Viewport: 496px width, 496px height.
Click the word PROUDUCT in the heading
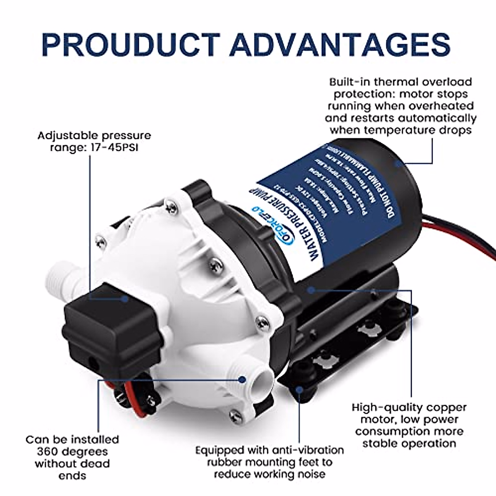[131, 43]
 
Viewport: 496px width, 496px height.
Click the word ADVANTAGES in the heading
[340, 43]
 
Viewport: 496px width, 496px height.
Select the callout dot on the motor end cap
[397, 164]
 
